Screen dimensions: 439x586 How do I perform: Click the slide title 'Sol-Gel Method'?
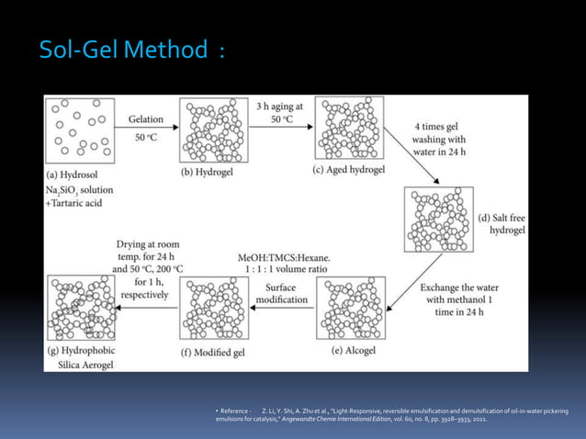(124, 50)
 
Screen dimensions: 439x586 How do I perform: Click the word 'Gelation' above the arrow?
(147, 118)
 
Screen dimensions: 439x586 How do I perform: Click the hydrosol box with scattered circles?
(82, 130)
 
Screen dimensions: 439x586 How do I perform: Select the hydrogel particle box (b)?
(217, 130)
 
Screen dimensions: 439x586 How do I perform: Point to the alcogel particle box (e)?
(350, 310)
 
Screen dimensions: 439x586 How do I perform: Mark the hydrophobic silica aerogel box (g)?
(82, 310)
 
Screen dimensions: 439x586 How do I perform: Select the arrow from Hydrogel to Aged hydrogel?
(282, 129)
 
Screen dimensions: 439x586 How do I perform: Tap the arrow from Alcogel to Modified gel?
(282, 309)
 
